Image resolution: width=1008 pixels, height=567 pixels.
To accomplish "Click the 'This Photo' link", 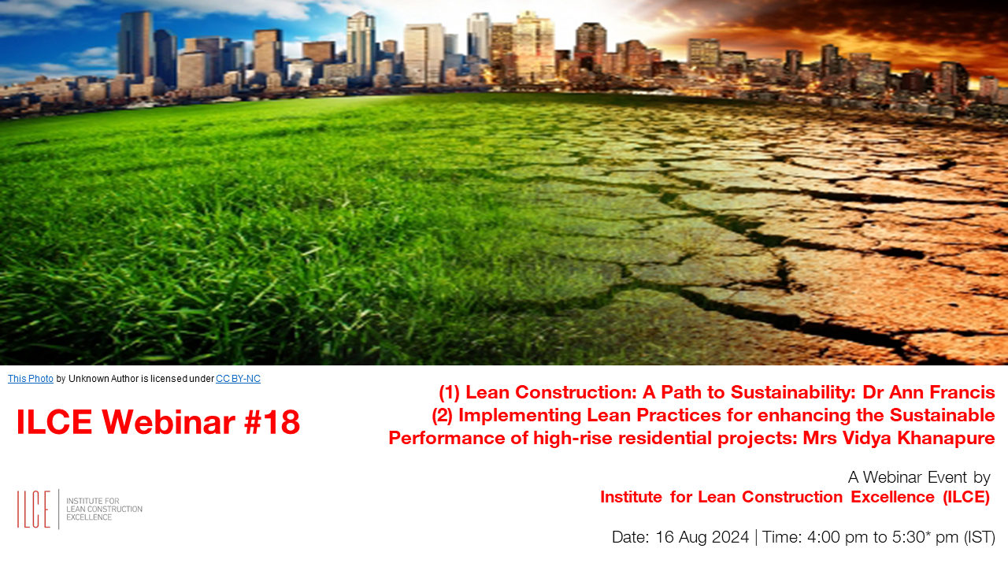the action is [x=31, y=379].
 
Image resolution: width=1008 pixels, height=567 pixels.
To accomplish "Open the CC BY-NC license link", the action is [x=238, y=379].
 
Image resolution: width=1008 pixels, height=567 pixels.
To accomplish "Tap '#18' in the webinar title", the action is [x=272, y=422].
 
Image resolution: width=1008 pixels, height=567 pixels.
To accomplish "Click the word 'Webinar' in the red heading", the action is [x=169, y=422].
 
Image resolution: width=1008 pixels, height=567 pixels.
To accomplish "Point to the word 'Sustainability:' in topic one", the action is [x=793, y=393].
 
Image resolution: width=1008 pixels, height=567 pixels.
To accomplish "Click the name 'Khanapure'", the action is [x=946, y=439].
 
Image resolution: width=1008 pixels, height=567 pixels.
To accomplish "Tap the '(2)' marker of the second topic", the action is [x=442, y=415].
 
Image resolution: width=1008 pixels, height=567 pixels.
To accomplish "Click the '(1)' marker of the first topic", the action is [x=449, y=392].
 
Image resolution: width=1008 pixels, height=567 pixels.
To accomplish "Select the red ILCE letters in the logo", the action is [x=34, y=509].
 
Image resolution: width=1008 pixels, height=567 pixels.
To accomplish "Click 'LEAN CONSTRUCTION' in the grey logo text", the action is [x=105, y=509].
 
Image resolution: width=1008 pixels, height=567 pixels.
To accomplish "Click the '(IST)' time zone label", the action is [x=979, y=537].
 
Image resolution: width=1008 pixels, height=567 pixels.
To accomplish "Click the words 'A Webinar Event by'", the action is [x=919, y=477].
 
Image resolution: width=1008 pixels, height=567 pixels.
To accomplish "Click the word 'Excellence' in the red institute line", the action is [x=893, y=497].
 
